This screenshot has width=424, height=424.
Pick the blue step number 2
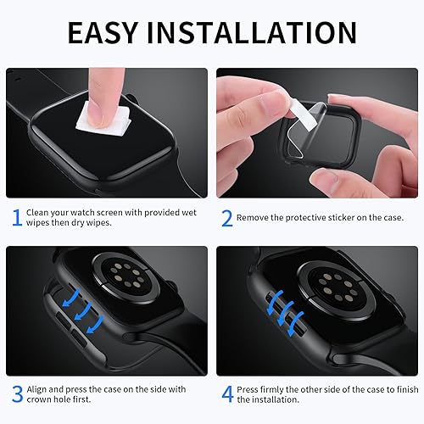tap(226, 218)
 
